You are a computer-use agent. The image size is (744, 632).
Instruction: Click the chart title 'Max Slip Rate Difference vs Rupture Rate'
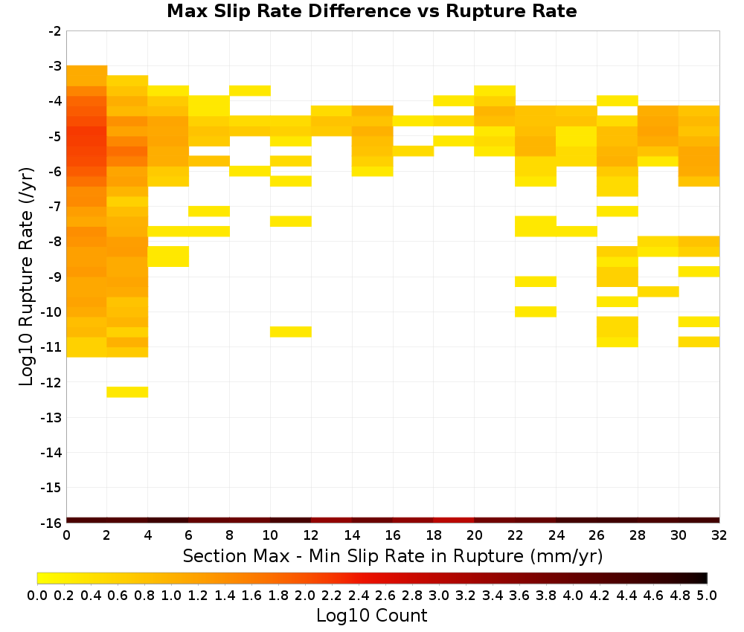coord(371,11)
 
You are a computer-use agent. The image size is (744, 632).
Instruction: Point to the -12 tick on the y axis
coord(52,383)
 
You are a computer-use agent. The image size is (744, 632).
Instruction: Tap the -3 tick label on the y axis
coord(55,66)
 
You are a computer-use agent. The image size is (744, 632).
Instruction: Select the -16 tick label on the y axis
coord(52,523)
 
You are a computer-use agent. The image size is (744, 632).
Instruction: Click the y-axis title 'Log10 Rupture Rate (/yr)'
coord(26,277)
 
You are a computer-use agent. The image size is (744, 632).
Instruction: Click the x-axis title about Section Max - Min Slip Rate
coord(393,556)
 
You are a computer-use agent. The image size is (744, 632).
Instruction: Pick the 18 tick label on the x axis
coord(434,535)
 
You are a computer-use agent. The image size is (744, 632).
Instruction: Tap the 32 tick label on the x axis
coord(719,535)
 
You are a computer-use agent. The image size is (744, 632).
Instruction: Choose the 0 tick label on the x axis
coord(66,535)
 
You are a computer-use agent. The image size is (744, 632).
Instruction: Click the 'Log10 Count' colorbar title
coord(371,616)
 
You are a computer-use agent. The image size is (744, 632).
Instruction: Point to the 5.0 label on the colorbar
coord(707,595)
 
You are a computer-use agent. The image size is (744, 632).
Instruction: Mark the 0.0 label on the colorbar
coord(37,595)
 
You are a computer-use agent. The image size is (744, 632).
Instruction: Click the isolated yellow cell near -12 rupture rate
coord(127,392)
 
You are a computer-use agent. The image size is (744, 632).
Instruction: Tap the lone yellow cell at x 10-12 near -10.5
coord(291,332)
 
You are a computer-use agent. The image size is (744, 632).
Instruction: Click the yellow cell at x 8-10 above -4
coord(250,91)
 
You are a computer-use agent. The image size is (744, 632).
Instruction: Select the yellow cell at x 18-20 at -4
coord(454,100)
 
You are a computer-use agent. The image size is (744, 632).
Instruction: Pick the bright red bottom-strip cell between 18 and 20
coord(454,520)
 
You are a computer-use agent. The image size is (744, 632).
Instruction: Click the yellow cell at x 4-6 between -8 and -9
coord(168,257)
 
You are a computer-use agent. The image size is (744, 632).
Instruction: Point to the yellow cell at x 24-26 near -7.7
coord(577,231)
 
